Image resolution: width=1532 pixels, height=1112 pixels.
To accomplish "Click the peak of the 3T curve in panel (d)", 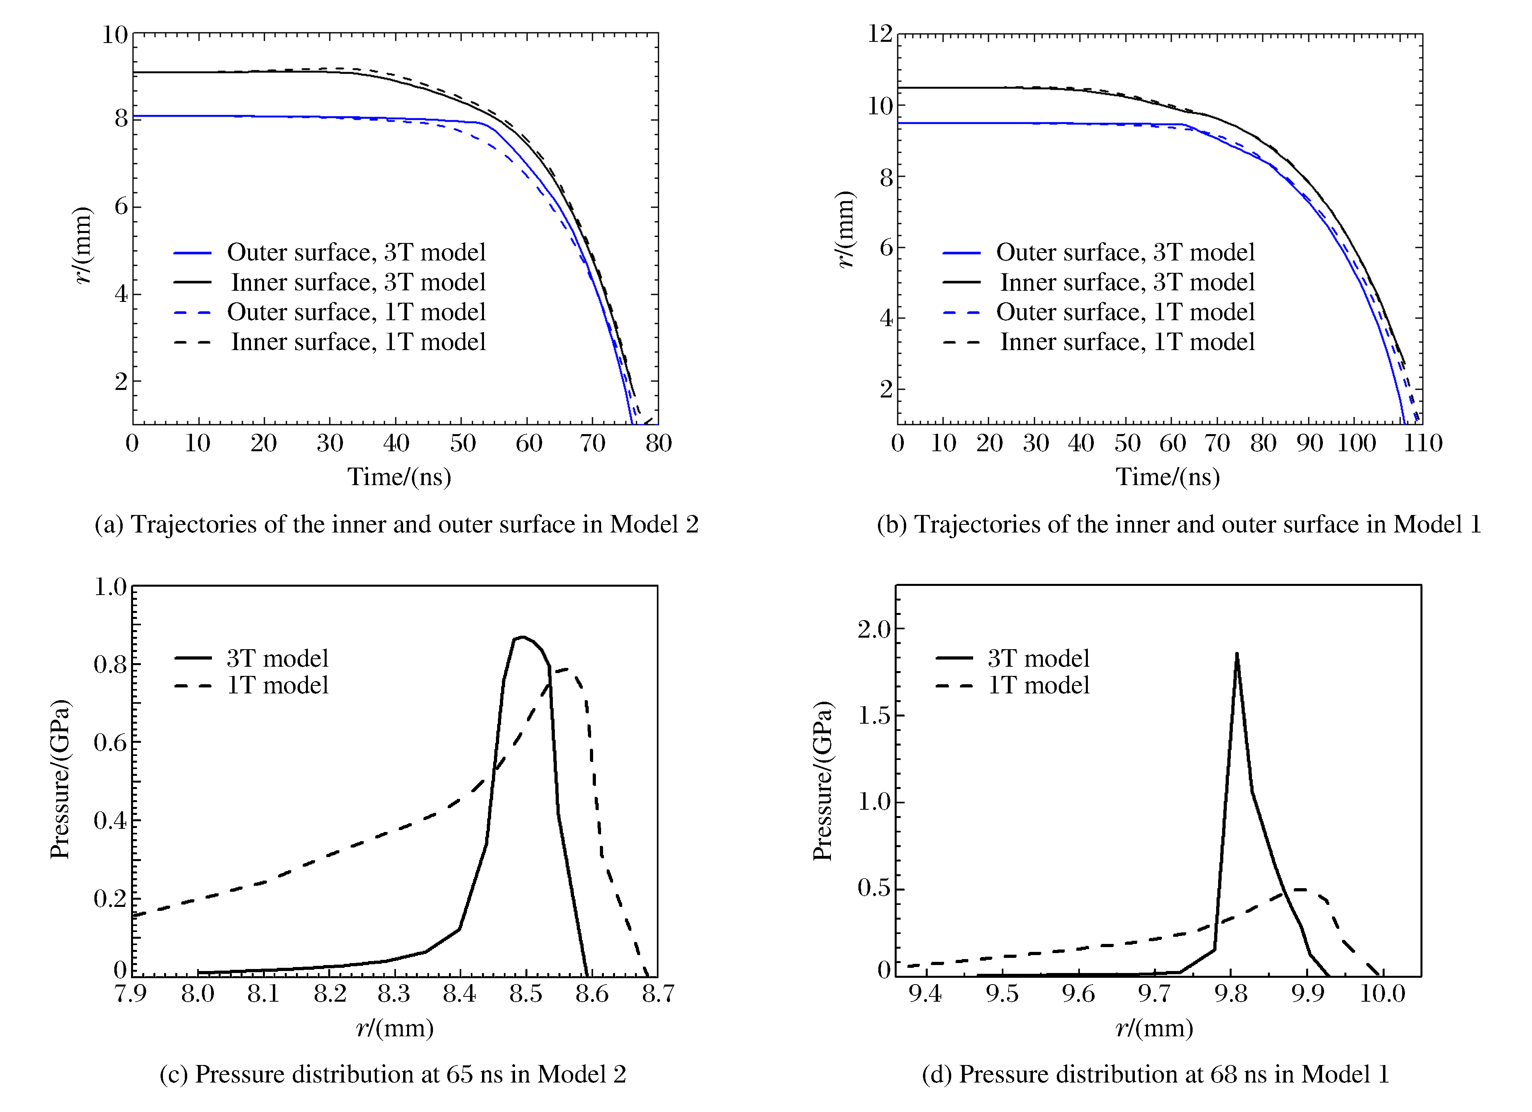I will click(1237, 654).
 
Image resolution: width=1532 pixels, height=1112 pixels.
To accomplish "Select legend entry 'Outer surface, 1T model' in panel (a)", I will click(356, 312).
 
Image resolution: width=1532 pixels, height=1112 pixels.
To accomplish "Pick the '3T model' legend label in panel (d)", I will click(1038, 658).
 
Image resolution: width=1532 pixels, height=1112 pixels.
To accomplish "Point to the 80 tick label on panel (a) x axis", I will click(658, 444).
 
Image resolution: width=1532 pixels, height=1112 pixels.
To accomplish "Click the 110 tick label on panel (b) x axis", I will click(1422, 444).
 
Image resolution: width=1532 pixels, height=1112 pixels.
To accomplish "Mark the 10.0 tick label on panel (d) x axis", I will click(1382, 994).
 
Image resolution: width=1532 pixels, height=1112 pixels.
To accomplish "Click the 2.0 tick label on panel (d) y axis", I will click(874, 630).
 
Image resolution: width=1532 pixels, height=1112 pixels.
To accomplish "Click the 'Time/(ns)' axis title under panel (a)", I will click(399, 477).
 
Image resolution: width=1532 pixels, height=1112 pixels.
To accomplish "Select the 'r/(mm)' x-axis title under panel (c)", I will click(394, 1028).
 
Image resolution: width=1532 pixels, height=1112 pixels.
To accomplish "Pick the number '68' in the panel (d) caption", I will click(1223, 1074).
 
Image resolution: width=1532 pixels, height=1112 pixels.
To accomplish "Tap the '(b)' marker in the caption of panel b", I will click(891, 524).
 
